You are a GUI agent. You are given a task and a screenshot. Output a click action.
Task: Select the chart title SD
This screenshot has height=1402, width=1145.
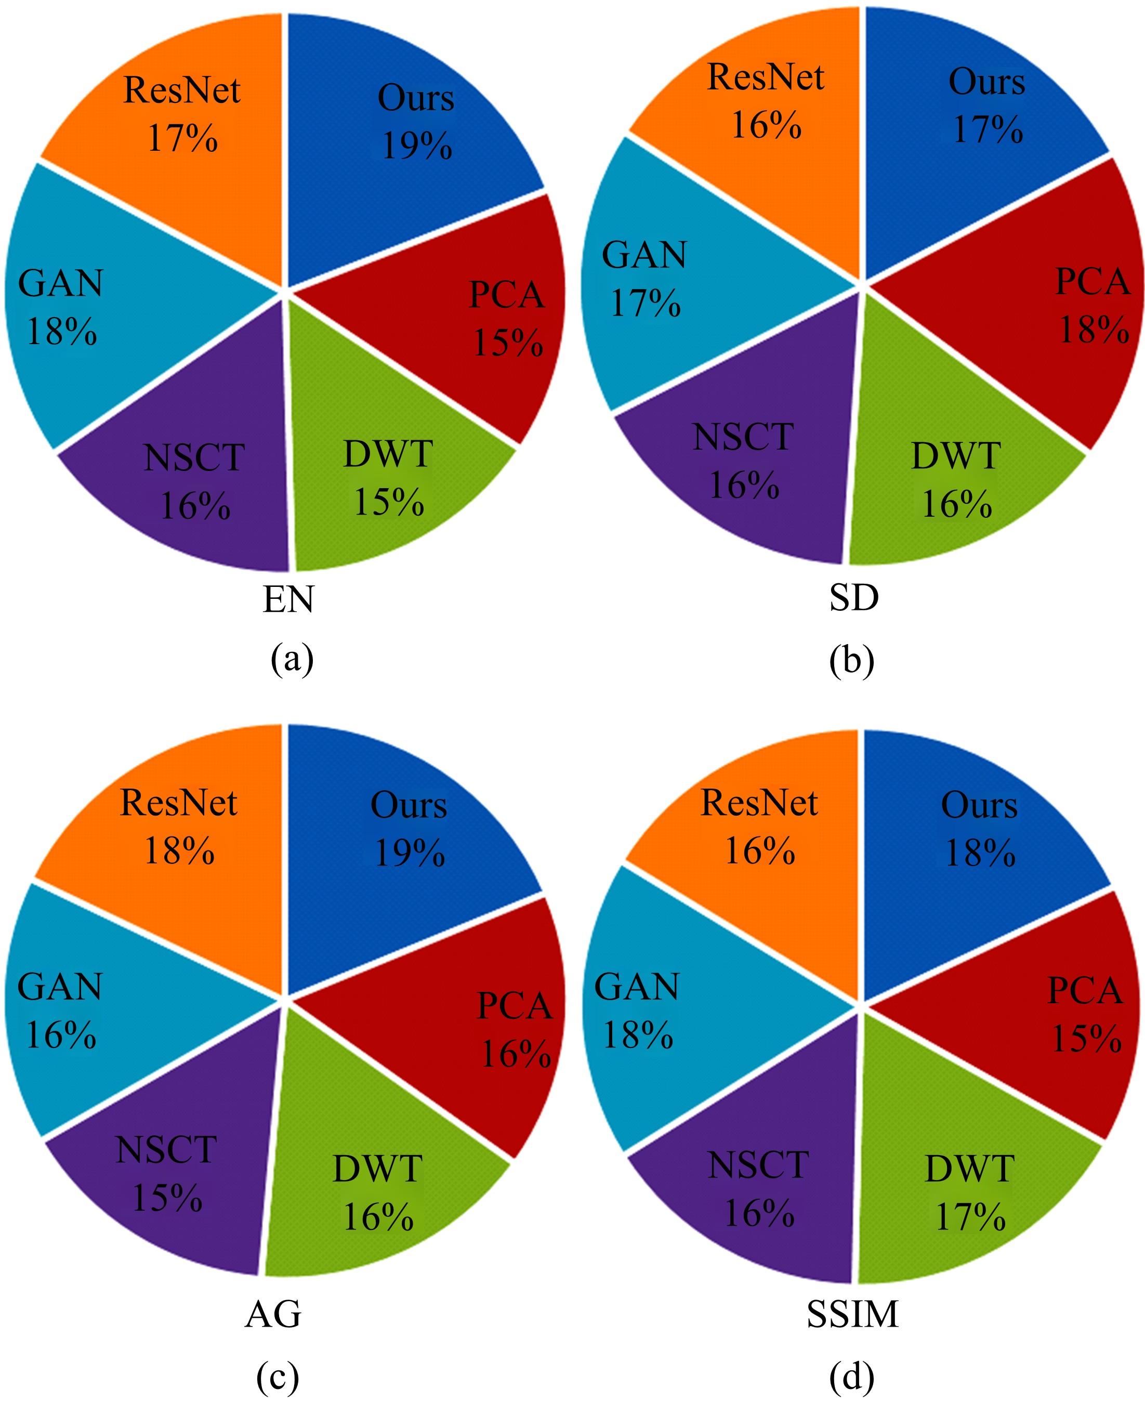[x=853, y=598]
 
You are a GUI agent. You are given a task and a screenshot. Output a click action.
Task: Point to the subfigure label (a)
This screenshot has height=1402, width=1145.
[x=292, y=659]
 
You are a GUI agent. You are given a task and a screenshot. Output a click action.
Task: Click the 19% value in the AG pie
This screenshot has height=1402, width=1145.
[x=410, y=853]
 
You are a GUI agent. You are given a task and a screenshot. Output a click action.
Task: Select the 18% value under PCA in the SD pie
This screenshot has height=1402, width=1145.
[x=1094, y=329]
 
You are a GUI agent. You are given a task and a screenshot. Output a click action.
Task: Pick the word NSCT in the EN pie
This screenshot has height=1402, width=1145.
[x=194, y=457]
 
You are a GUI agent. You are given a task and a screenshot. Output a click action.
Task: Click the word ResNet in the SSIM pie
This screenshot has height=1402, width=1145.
[x=759, y=803]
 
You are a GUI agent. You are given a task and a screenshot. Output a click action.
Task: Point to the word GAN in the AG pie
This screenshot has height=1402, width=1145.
[x=60, y=987]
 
